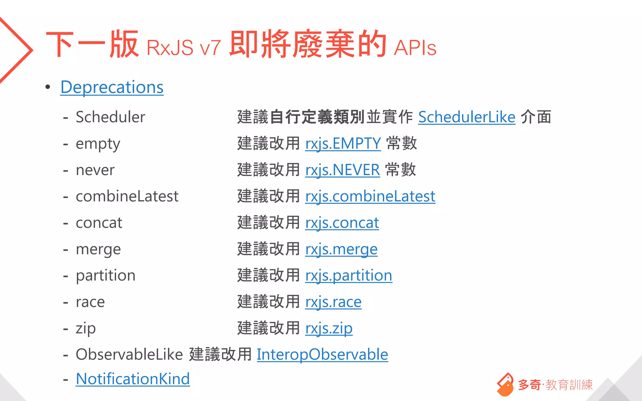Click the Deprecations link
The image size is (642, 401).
(x=112, y=87)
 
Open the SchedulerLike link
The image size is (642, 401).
(x=466, y=117)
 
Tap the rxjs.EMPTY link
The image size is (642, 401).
(x=343, y=143)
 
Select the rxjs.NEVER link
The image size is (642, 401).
(x=342, y=170)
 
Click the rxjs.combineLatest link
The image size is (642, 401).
(x=370, y=196)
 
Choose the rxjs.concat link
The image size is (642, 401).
(x=342, y=223)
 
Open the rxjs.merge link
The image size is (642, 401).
(x=341, y=249)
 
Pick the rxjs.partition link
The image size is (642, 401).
(x=348, y=276)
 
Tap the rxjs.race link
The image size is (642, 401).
(x=333, y=302)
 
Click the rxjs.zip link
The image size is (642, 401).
(x=329, y=328)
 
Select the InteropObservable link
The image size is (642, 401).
(x=322, y=355)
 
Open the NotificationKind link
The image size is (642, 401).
(x=133, y=379)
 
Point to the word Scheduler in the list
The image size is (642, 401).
(x=110, y=117)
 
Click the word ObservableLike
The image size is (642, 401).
(x=129, y=355)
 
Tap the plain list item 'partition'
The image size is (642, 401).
(x=105, y=276)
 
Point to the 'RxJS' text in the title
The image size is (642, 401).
(x=170, y=48)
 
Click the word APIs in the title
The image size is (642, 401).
(x=415, y=48)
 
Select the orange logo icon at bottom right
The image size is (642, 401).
(x=505, y=384)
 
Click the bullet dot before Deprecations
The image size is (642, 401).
(x=48, y=87)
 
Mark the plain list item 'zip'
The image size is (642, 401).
(x=86, y=328)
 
